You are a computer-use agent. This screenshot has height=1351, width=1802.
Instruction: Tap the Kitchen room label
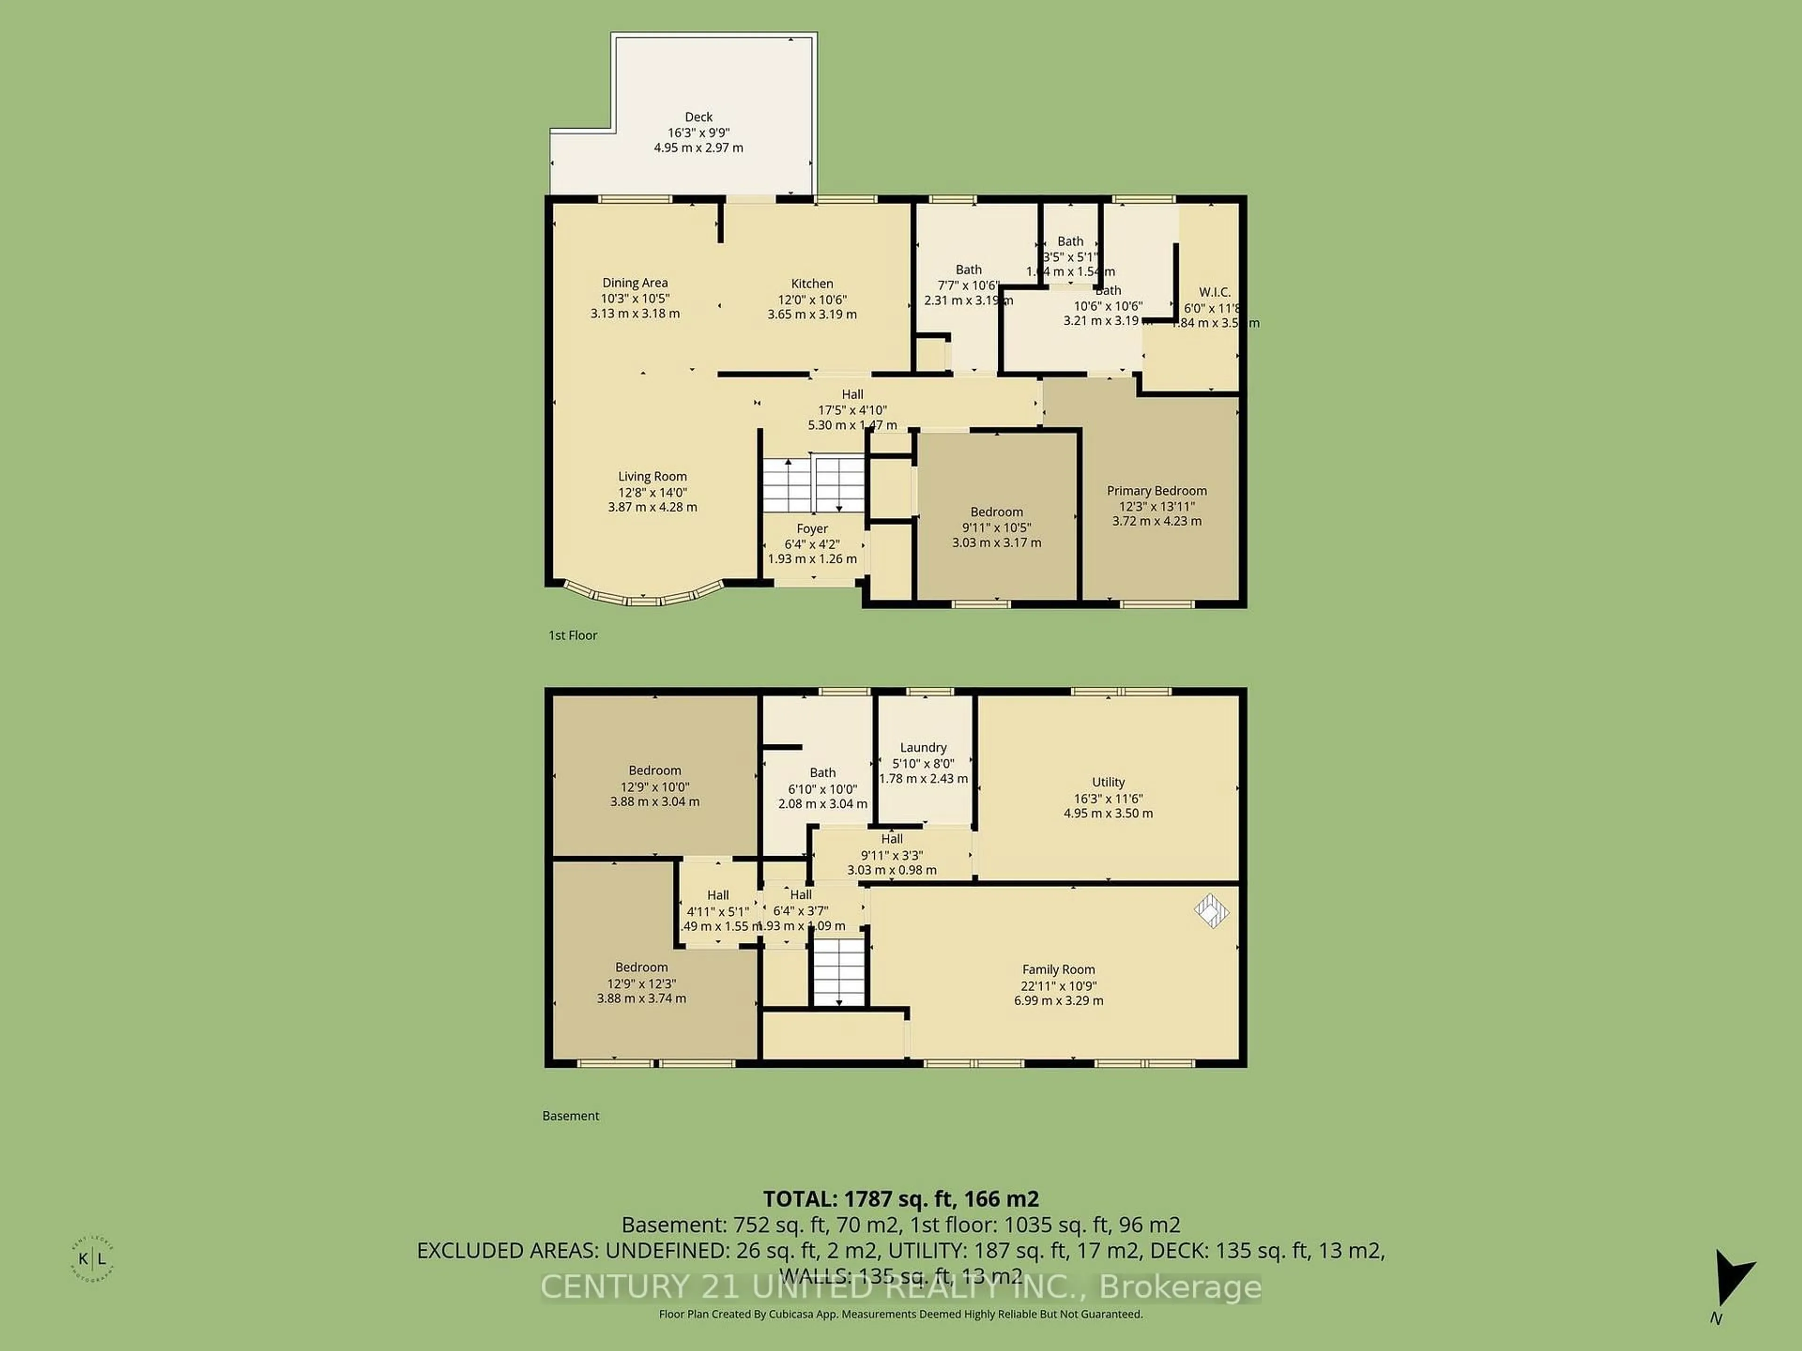pyautogui.click(x=811, y=283)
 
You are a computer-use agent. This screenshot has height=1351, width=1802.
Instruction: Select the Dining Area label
pyautogui.click(x=634, y=282)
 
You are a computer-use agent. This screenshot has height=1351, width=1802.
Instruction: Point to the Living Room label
pyautogui.click(x=652, y=477)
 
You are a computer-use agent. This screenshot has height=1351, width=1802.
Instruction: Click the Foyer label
pyautogui.click(x=811, y=529)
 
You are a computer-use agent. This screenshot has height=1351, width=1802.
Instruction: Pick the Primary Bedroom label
pyautogui.click(x=1156, y=490)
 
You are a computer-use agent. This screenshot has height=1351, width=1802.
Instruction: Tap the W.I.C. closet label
pyautogui.click(x=1214, y=291)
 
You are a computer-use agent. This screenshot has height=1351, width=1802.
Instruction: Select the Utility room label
pyautogui.click(x=1108, y=782)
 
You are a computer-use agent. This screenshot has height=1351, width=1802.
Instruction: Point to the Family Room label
pyautogui.click(x=1058, y=969)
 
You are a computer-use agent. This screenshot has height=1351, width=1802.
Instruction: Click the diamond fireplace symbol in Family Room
pyautogui.click(x=1211, y=911)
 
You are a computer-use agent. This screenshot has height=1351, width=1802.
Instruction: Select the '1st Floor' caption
pyautogui.click(x=573, y=635)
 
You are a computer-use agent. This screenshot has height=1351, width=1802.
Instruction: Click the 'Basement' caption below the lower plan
pyautogui.click(x=570, y=1116)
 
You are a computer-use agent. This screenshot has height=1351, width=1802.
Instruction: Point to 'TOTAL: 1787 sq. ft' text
pyautogui.click(x=900, y=1199)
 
